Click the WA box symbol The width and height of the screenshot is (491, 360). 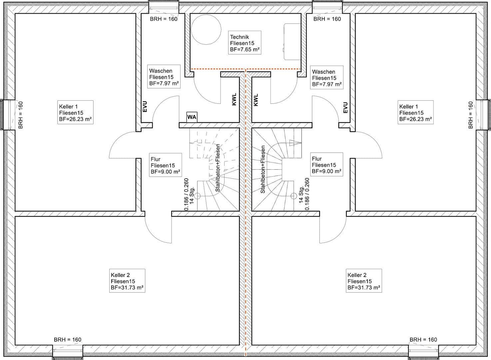coord(192,117)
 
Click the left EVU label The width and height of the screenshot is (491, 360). coord(145,107)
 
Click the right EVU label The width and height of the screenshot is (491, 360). coord(345,107)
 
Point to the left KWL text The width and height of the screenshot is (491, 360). coord(234,100)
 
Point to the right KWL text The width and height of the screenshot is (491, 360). coord(256,100)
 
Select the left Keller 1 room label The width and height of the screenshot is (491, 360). coord(75,113)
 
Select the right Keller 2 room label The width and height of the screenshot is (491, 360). coord(364,281)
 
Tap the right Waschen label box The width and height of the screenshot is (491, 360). coord(326,78)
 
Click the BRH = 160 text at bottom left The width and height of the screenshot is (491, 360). coord(67,340)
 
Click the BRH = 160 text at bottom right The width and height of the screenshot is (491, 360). coord(423,340)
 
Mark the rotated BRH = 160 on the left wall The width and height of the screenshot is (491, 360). coord(21,115)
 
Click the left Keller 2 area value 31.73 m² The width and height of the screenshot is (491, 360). coord(127,287)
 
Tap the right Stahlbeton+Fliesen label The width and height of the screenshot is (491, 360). coord(262,169)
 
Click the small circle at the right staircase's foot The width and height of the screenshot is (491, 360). coord(293,196)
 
